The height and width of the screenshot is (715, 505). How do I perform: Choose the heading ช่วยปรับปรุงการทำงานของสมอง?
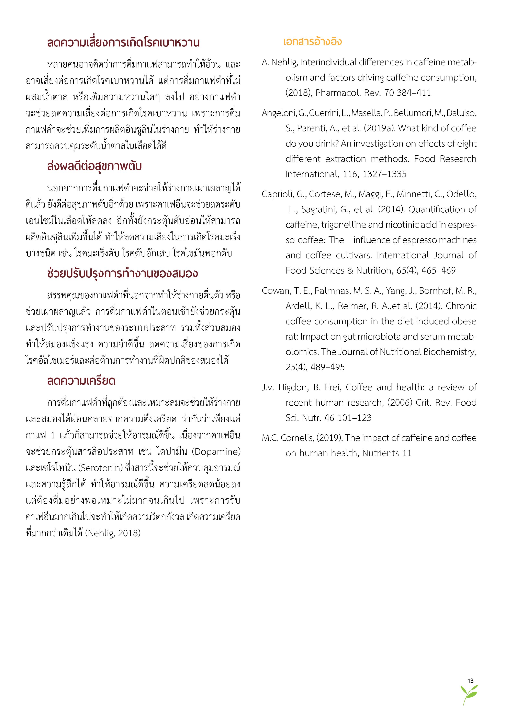pyautogui.click(x=123, y=273)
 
